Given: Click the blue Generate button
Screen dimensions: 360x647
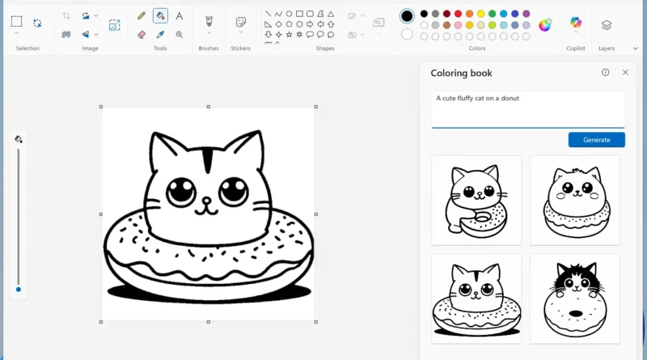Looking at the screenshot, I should (596, 140).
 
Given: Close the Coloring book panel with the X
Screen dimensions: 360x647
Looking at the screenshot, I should (625, 73).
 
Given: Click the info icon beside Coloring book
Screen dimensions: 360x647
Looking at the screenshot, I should (605, 73).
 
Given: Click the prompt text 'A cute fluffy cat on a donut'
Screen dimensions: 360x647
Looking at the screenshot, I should (478, 99).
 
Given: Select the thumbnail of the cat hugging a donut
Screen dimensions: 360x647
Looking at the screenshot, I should (476, 200).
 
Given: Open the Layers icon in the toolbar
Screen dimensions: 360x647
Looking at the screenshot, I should (607, 25).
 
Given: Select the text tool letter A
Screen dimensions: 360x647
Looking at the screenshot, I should (179, 15).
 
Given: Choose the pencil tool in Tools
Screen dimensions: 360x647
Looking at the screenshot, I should (142, 15).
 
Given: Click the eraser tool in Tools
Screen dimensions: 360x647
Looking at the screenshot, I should (142, 35).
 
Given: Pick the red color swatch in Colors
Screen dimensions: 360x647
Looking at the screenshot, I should (458, 14).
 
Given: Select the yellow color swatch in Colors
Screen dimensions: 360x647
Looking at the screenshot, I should (480, 14).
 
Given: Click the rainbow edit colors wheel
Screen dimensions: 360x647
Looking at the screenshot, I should (545, 25).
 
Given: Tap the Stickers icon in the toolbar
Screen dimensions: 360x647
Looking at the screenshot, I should (240, 22).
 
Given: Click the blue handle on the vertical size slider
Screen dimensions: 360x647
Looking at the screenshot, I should (18, 289).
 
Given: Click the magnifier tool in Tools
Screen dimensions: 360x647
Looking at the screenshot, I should (179, 35).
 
